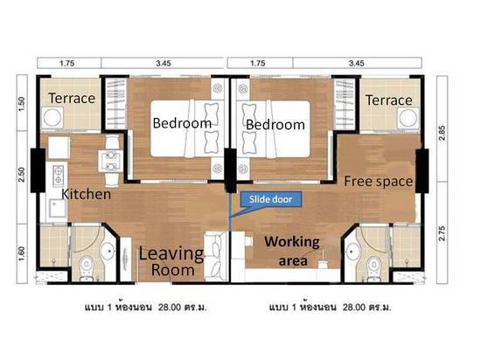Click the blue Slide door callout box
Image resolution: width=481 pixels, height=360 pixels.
pos(270,199)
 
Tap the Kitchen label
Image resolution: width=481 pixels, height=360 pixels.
pos(87,194)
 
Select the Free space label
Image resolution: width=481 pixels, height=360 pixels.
pos(378,182)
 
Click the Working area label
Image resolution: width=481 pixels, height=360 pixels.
pos(292,252)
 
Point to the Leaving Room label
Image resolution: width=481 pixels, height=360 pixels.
pos(171,262)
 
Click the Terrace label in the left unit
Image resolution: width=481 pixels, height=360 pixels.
pos(72,99)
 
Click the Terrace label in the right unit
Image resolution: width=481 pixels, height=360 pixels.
pos(388,100)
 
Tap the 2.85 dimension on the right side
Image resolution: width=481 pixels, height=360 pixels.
pos(442,133)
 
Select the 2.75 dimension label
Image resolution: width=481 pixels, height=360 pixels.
pos(442,233)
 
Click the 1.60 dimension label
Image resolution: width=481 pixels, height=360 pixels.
pos(22,254)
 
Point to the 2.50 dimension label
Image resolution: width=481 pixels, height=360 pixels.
pos(22,175)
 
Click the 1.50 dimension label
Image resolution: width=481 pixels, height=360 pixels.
pos(22,104)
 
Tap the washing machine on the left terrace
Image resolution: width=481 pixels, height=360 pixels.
pos(52,118)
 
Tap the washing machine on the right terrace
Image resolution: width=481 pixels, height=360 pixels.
pos(408,118)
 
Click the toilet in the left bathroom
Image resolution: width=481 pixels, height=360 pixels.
pos(87,267)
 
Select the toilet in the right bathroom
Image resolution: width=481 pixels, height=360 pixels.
pos(373,267)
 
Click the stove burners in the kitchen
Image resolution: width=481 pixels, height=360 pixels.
pos(59,176)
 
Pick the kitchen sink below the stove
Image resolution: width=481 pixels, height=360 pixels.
pos(57,208)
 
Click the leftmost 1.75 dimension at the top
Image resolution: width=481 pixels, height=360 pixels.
pos(67,64)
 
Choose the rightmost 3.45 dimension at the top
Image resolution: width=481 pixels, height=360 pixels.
pos(357,64)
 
